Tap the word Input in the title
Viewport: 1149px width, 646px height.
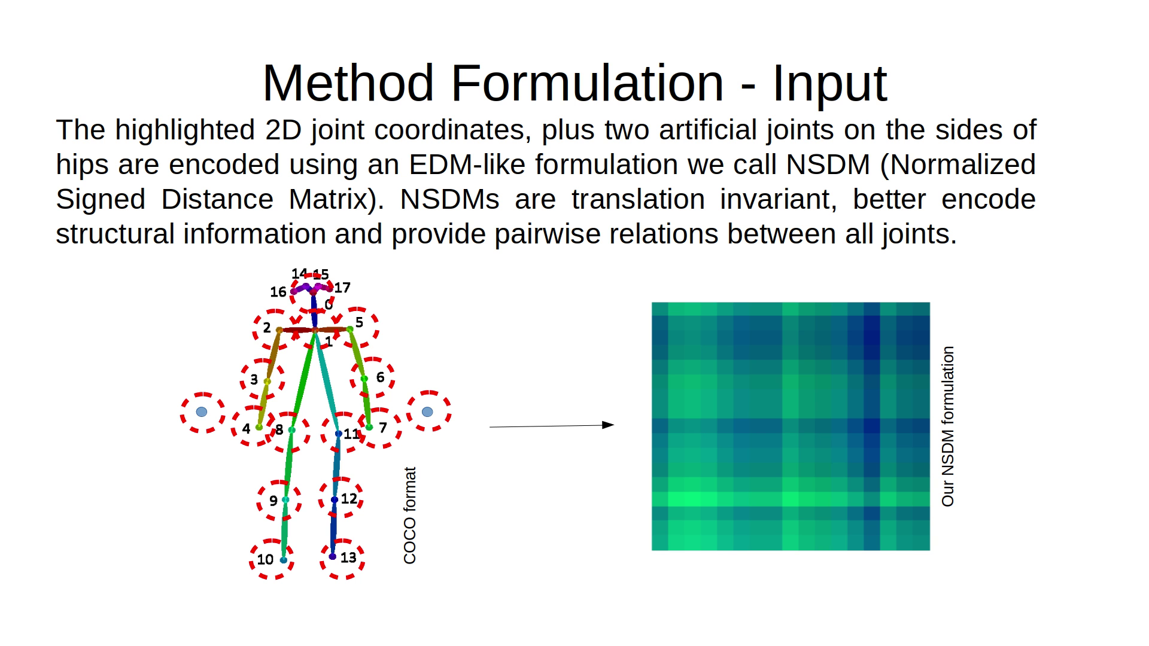(829, 84)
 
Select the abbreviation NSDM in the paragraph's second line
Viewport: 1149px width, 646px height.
(828, 164)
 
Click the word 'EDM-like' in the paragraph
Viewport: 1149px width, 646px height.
(467, 164)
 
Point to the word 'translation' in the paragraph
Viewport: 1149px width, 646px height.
(638, 199)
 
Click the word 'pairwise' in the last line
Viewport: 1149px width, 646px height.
(547, 234)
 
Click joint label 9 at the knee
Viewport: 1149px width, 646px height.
(273, 501)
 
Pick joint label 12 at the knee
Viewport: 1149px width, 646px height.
(349, 498)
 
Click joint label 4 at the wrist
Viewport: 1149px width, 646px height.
(246, 428)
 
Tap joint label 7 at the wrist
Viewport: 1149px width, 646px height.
(383, 427)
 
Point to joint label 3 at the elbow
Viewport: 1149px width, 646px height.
(254, 380)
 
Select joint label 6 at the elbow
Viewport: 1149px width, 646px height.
(380, 377)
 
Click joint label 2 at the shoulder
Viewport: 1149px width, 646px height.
(267, 328)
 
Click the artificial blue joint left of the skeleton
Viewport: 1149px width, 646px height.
(202, 412)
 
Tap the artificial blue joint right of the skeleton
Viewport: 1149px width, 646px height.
(427, 412)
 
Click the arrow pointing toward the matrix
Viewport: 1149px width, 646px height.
(552, 426)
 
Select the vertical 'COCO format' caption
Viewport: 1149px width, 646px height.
(410, 516)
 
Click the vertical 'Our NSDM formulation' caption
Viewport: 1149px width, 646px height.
(948, 426)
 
